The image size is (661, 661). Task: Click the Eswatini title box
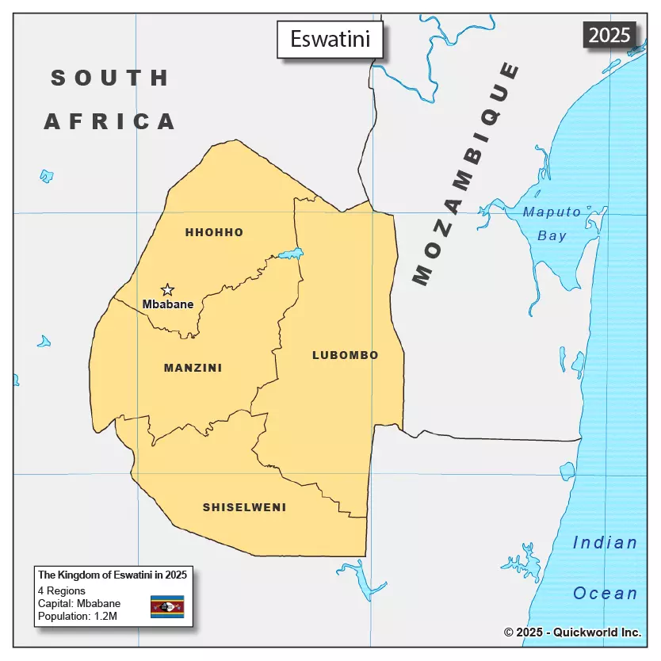330,39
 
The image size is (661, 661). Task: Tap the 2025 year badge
609,35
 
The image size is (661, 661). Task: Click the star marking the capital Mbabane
167,290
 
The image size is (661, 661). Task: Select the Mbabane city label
168,304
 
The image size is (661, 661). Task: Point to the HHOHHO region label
214,232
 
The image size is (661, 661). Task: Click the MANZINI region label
193,368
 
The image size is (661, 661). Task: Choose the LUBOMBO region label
345,355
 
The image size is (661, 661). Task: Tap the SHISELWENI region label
244,507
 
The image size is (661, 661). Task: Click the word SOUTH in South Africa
110,78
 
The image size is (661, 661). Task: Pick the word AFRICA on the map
109,121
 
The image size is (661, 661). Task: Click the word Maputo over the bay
552,212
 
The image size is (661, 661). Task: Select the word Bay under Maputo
552,235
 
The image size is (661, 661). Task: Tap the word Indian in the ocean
605,543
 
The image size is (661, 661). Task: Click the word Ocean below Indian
605,594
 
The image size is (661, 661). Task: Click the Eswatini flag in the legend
167,606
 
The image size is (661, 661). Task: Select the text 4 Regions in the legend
61,590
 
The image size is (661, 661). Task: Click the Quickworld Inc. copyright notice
572,632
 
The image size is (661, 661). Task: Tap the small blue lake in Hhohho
291,254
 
